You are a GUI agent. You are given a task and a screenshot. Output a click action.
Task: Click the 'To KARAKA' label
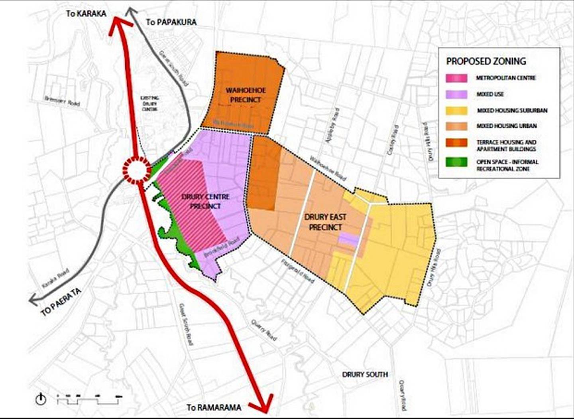click(x=86, y=13)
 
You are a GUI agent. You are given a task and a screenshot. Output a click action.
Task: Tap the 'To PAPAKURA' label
click(x=171, y=22)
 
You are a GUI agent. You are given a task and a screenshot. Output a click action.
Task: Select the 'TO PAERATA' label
click(x=61, y=302)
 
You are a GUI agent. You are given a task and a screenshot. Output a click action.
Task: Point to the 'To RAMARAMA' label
click(x=214, y=407)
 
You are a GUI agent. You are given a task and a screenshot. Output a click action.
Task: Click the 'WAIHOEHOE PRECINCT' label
click(x=240, y=95)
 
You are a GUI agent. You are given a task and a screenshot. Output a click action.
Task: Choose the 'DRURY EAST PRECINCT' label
click(x=325, y=222)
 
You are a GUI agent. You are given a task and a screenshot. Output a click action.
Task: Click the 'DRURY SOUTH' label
click(x=365, y=374)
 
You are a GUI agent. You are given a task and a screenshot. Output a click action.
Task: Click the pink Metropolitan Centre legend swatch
click(x=456, y=78)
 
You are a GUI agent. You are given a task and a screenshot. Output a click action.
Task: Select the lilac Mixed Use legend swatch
click(x=456, y=94)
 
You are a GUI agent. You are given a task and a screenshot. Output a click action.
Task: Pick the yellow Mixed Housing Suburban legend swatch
click(x=456, y=110)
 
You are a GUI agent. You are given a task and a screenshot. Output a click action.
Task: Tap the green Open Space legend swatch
click(x=456, y=162)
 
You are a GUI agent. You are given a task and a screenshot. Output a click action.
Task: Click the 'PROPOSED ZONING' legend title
click(x=486, y=61)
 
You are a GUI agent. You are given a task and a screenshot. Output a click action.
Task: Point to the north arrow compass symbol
click(x=41, y=399)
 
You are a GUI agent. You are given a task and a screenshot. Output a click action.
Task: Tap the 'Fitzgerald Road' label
click(x=297, y=271)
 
